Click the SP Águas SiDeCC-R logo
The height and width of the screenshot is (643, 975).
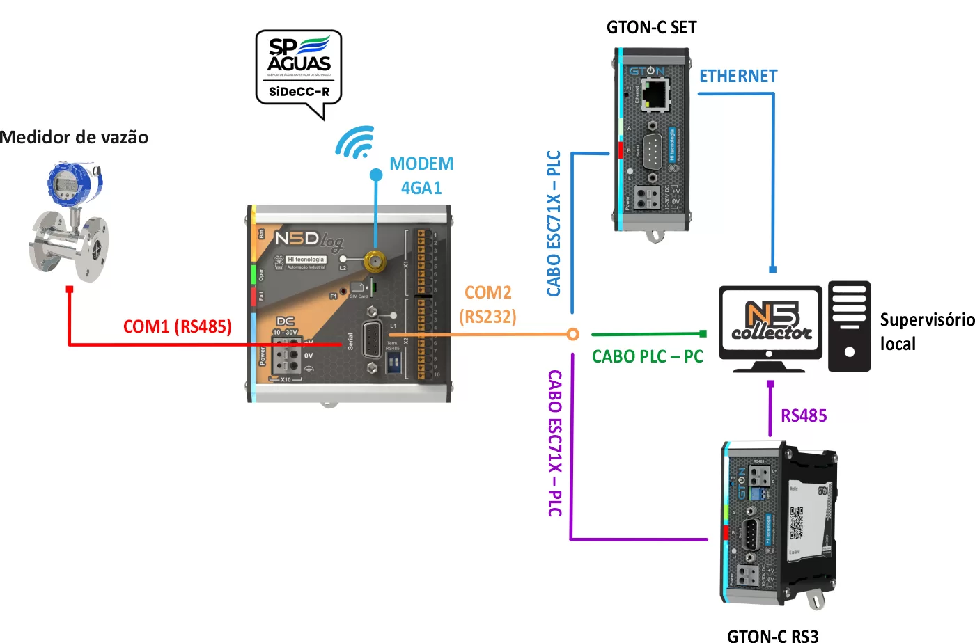tap(299, 69)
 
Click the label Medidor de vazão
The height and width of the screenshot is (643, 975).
tap(75, 137)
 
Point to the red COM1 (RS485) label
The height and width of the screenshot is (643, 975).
tap(177, 326)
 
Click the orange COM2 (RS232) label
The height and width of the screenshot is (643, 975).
tap(488, 305)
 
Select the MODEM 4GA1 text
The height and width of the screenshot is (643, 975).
tap(421, 175)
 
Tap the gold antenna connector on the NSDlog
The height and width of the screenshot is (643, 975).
tap(375, 262)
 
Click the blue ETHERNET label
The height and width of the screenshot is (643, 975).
tap(738, 76)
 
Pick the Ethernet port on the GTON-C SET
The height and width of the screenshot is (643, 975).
tap(654, 95)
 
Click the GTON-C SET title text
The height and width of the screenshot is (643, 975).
tap(651, 28)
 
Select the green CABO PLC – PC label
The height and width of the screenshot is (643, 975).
tap(647, 357)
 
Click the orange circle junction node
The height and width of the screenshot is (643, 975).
tap(572, 335)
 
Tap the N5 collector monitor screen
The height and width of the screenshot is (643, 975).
tap(771, 321)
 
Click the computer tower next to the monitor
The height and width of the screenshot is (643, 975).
tap(849, 326)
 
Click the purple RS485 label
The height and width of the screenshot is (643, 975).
tap(804, 416)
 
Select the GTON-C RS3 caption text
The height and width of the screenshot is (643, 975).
tap(772, 635)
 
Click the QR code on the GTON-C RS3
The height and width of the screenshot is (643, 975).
tap(797, 523)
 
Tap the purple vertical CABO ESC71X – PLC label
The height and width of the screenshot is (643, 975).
tap(555, 443)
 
